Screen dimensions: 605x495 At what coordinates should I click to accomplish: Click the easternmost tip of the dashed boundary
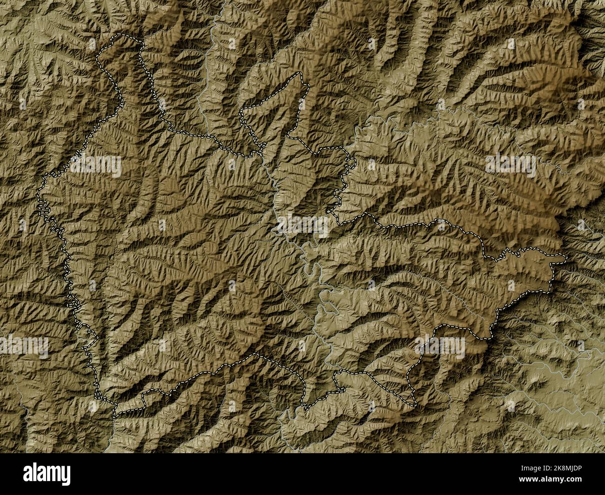566,256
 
